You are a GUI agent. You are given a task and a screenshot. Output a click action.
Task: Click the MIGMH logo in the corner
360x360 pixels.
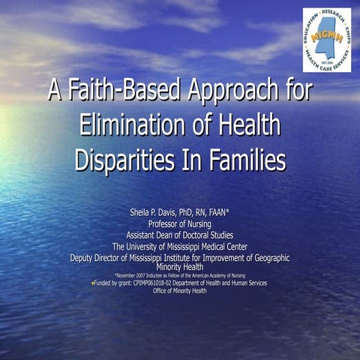[326, 40]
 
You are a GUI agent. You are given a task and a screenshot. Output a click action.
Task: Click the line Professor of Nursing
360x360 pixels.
[180, 223]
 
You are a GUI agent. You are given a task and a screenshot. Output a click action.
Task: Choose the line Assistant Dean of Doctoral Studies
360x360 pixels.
[180, 235]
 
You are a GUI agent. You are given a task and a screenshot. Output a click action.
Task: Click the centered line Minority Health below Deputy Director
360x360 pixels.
[180, 266]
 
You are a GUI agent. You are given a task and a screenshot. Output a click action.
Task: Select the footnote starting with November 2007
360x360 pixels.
[180, 275]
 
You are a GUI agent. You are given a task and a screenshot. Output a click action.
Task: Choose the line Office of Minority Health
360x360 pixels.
[180, 291]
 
